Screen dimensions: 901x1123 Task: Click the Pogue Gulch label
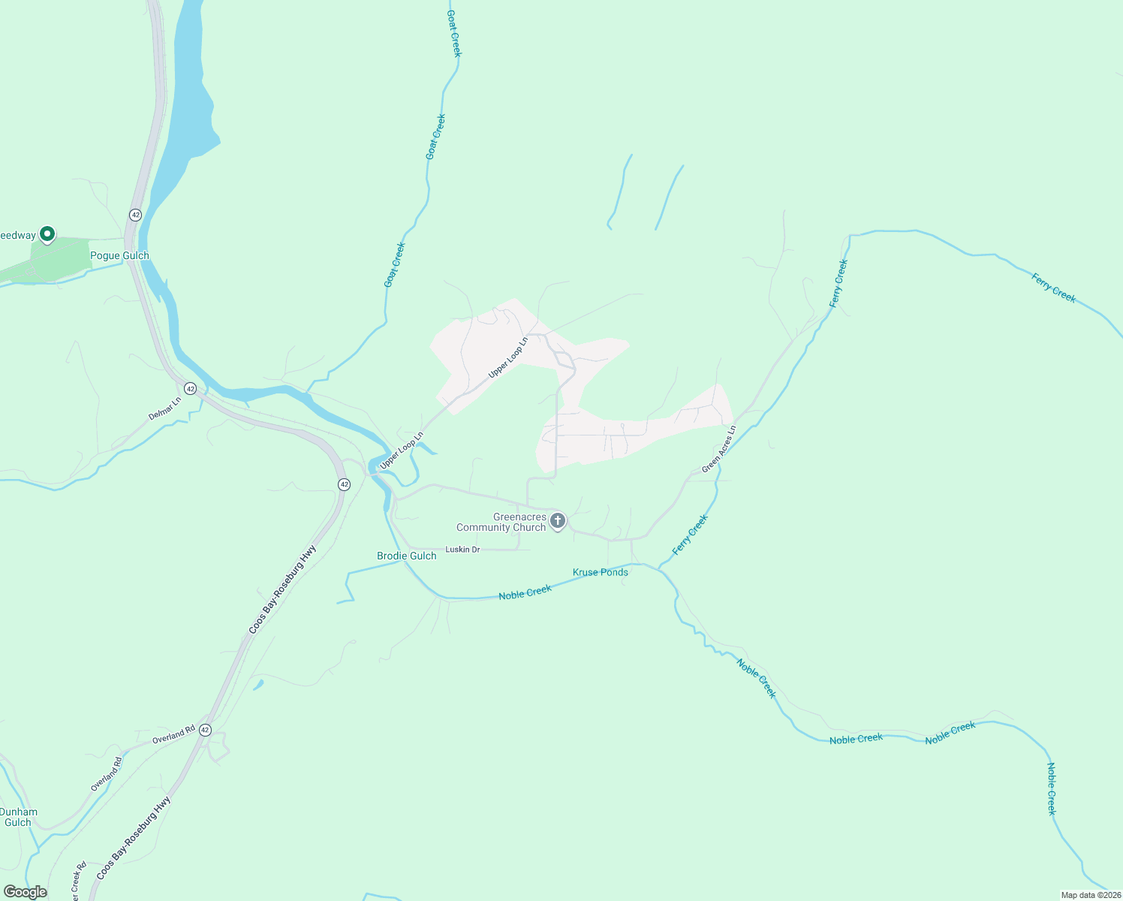point(119,255)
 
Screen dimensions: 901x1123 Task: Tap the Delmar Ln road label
point(164,408)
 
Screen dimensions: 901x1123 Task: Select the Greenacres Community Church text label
point(501,522)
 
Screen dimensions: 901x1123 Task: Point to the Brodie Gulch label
point(406,556)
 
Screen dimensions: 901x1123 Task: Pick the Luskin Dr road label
point(462,550)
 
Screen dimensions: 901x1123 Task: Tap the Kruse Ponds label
point(601,572)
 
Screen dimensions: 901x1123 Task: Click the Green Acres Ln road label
point(719,449)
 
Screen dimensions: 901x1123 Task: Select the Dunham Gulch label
point(18,817)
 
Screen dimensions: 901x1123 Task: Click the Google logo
point(26,892)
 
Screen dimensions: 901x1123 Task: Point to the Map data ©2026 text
point(1091,895)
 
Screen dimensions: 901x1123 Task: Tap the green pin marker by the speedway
point(47,235)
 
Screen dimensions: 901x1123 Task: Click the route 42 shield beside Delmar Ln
point(191,389)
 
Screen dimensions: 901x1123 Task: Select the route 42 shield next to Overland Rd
point(206,730)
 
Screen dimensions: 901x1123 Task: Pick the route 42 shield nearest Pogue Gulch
point(135,215)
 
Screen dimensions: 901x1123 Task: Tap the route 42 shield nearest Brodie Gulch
point(344,484)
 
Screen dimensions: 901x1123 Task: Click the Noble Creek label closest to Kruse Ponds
point(525,592)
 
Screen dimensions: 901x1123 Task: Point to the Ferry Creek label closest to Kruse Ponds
point(690,535)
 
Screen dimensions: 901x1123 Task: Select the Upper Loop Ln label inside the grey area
point(508,357)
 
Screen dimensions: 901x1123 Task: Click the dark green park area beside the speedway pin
point(60,259)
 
